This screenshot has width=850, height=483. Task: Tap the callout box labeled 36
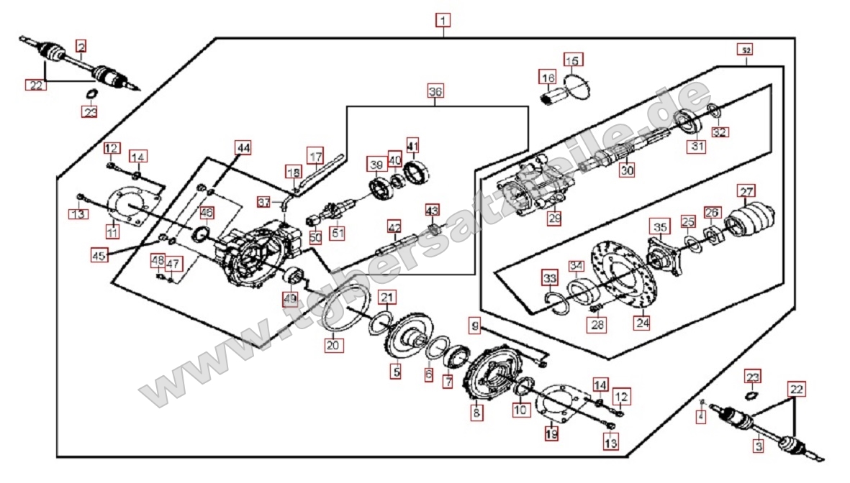[435, 91]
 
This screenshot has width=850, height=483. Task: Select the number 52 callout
[746, 50]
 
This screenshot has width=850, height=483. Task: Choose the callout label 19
[551, 433]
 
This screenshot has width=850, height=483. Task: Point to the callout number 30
[627, 171]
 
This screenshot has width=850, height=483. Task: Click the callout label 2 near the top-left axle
[81, 47]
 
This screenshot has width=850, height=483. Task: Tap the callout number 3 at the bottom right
[758, 446]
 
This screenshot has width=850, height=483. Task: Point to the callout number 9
[474, 326]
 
